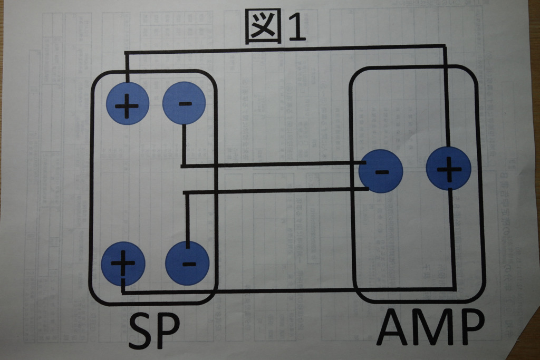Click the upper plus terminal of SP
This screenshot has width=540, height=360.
point(127,103)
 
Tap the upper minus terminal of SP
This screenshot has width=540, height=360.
point(184,103)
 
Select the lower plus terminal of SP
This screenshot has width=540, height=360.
point(122,263)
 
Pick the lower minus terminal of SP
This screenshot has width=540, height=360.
point(187,263)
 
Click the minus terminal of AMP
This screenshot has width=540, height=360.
point(381,171)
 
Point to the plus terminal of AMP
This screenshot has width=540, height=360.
point(448,169)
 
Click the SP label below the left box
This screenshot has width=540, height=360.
point(154,331)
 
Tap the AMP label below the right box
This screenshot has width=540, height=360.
point(430,328)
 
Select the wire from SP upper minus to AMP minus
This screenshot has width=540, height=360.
point(274,164)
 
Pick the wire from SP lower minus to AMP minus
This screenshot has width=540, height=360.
point(274,191)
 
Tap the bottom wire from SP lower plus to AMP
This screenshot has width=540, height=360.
point(285,290)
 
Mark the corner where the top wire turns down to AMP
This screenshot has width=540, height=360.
point(446,48)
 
